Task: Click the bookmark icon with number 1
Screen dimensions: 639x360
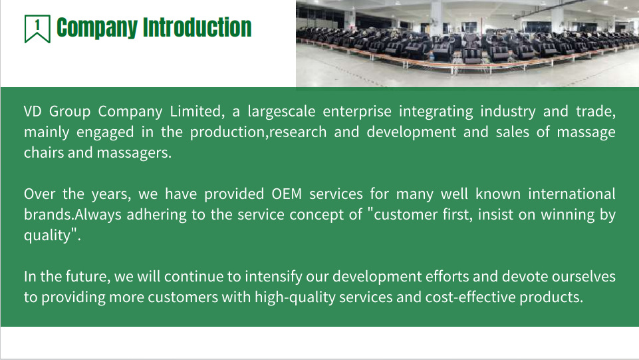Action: pos(37,29)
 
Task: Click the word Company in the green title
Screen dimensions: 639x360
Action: pos(96,28)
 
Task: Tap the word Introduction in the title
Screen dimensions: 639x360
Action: pos(197,27)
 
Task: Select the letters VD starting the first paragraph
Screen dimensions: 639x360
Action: pos(33,111)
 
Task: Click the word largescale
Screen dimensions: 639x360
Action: pos(281,112)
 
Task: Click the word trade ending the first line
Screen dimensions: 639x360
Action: pos(595,111)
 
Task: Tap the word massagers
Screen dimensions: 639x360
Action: pos(134,153)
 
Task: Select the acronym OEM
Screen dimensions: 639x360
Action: pos(287,194)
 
